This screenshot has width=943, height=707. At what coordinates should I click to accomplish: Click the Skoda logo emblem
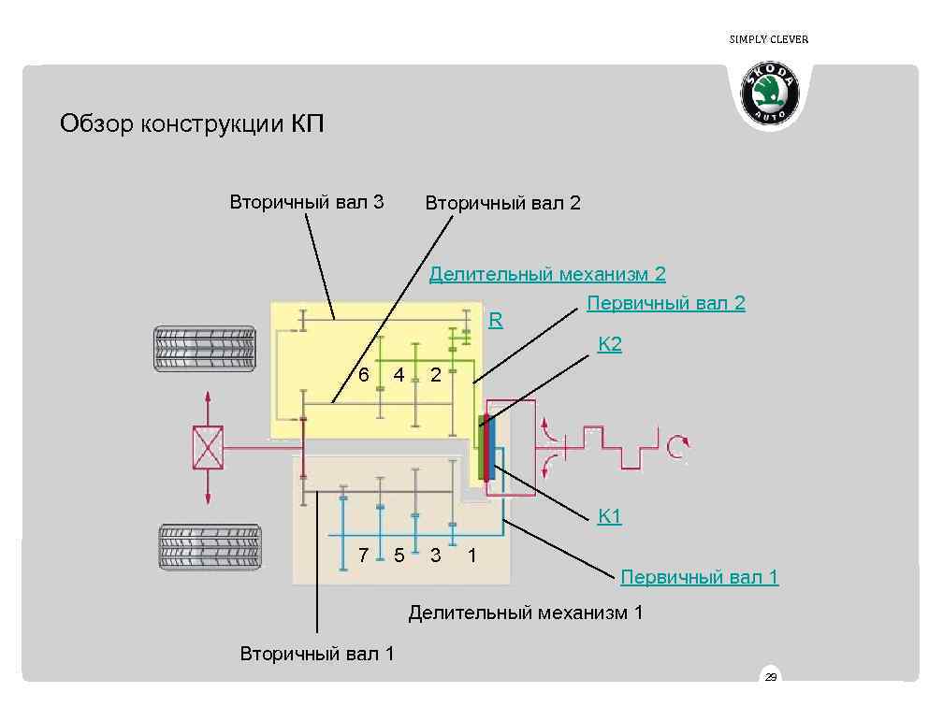pyautogui.click(x=771, y=94)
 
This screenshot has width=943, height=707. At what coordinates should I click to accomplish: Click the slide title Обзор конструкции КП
pyautogui.click(x=192, y=123)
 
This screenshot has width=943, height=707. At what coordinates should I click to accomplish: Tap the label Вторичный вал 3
pyautogui.click(x=307, y=202)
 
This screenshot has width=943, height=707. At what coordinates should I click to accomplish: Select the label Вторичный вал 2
pyautogui.click(x=502, y=203)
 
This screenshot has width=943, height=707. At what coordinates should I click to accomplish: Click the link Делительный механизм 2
pyautogui.click(x=547, y=274)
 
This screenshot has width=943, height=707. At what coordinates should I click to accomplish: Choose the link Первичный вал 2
pyautogui.click(x=665, y=303)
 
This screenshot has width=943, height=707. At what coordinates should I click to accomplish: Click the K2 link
pyautogui.click(x=610, y=344)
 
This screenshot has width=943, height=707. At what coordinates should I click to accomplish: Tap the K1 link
pyautogui.click(x=610, y=516)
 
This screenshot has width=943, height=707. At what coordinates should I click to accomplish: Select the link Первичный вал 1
pyautogui.click(x=699, y=577)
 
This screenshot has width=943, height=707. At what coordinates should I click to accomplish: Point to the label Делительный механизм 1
pyautogui.click(x=526, y=613)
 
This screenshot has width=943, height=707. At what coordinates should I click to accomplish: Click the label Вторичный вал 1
pyautogui.click(x=317, y=654)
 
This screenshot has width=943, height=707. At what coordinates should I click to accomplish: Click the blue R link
pyautogui.click(x=496, y=321)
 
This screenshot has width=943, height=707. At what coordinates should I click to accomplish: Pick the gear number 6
pyautogui.click(x=364, y=375)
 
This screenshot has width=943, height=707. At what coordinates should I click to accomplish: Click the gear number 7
pyautogui.click(x=364, y=555)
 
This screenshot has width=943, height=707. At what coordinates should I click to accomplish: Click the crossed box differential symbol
pyautogui.click(x=207, y=447)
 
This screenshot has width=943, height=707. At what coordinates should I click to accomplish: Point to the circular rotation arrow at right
pyautogui.click(x=677, y=448)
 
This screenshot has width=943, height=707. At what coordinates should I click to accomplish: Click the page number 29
pyautogui.click(x=771, y=677)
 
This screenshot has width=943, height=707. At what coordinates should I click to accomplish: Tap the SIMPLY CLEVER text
pyautogui.click(x=768, y=39)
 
